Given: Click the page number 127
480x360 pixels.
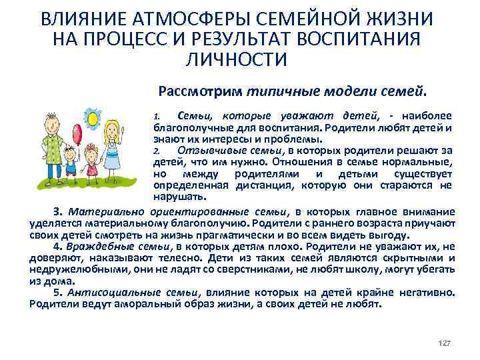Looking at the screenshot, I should coord(444,342).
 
